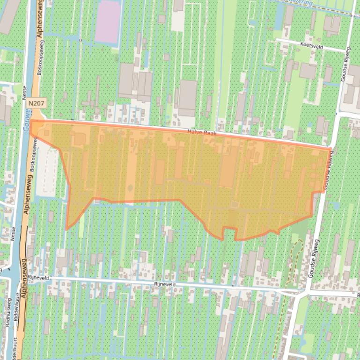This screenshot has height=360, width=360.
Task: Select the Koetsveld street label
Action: pyautogui.click(x=314, y=46)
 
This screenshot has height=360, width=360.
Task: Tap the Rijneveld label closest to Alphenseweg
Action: pyautogui.click(x=39, y=277)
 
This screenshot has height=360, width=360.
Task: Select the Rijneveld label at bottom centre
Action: pyautogui.click(x=165, y=284)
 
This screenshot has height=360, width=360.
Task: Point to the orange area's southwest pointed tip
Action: pyautogui.click(x=66, y=229)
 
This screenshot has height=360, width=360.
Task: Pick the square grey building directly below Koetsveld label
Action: pyautogui.click(x=307, y=71)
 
